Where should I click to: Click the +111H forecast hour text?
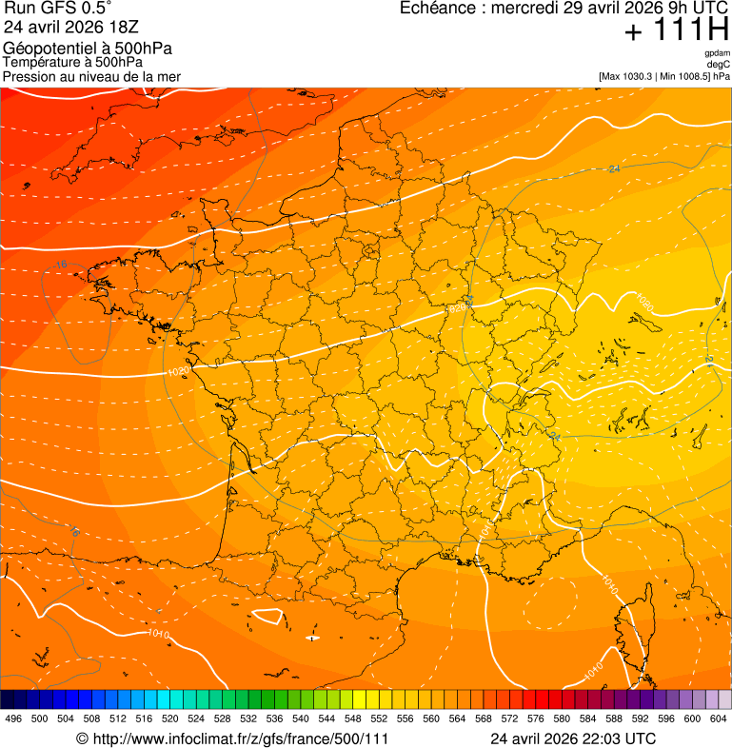tap(677, 30)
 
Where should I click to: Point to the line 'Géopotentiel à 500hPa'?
tap(88, 49)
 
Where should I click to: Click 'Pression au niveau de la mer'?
tap(91, 76)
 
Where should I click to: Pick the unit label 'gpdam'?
tap(717, 53)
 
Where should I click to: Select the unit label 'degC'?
tap(719, 64)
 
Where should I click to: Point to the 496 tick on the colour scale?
tap(13, 719)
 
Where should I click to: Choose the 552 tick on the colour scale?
tap(379, 719)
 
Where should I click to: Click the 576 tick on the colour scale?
tap(535, 719)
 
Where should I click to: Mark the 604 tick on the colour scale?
tap(718, 719)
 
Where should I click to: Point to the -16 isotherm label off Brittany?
tap(61, 265)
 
